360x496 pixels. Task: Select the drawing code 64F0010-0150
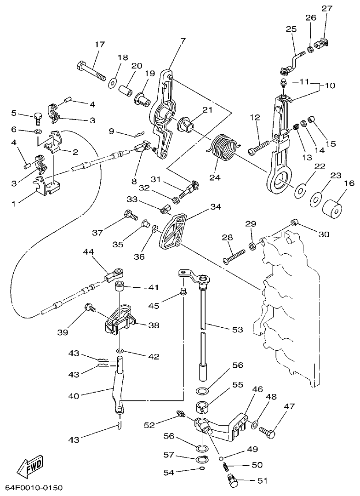pos(34,487)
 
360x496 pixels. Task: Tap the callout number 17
pos(100,45)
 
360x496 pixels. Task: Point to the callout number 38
pos(154,325)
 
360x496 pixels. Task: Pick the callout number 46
pos(257,389)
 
